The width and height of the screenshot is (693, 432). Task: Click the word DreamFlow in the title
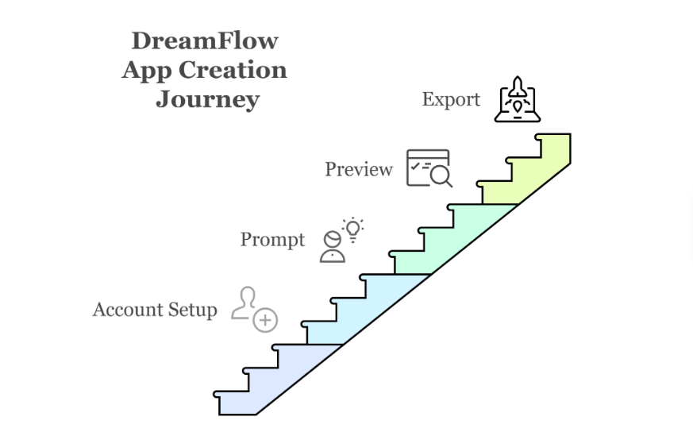(205, 40)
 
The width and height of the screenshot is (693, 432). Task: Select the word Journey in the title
(207, 99)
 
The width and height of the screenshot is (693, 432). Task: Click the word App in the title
(147, 71)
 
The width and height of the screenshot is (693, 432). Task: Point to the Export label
(451, 99)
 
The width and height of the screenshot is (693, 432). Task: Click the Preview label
(359, 169)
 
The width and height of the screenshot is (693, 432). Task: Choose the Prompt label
(272, 239)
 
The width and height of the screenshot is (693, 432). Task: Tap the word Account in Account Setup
(127, 309)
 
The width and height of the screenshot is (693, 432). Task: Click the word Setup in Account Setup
(191, 310)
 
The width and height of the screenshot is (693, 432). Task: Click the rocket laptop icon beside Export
(518, 99)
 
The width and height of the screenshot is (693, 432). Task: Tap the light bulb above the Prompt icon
(352, 229)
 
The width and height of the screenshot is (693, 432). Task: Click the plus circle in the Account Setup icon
(265, 319)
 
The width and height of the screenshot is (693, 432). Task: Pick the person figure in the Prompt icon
(333, 248)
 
